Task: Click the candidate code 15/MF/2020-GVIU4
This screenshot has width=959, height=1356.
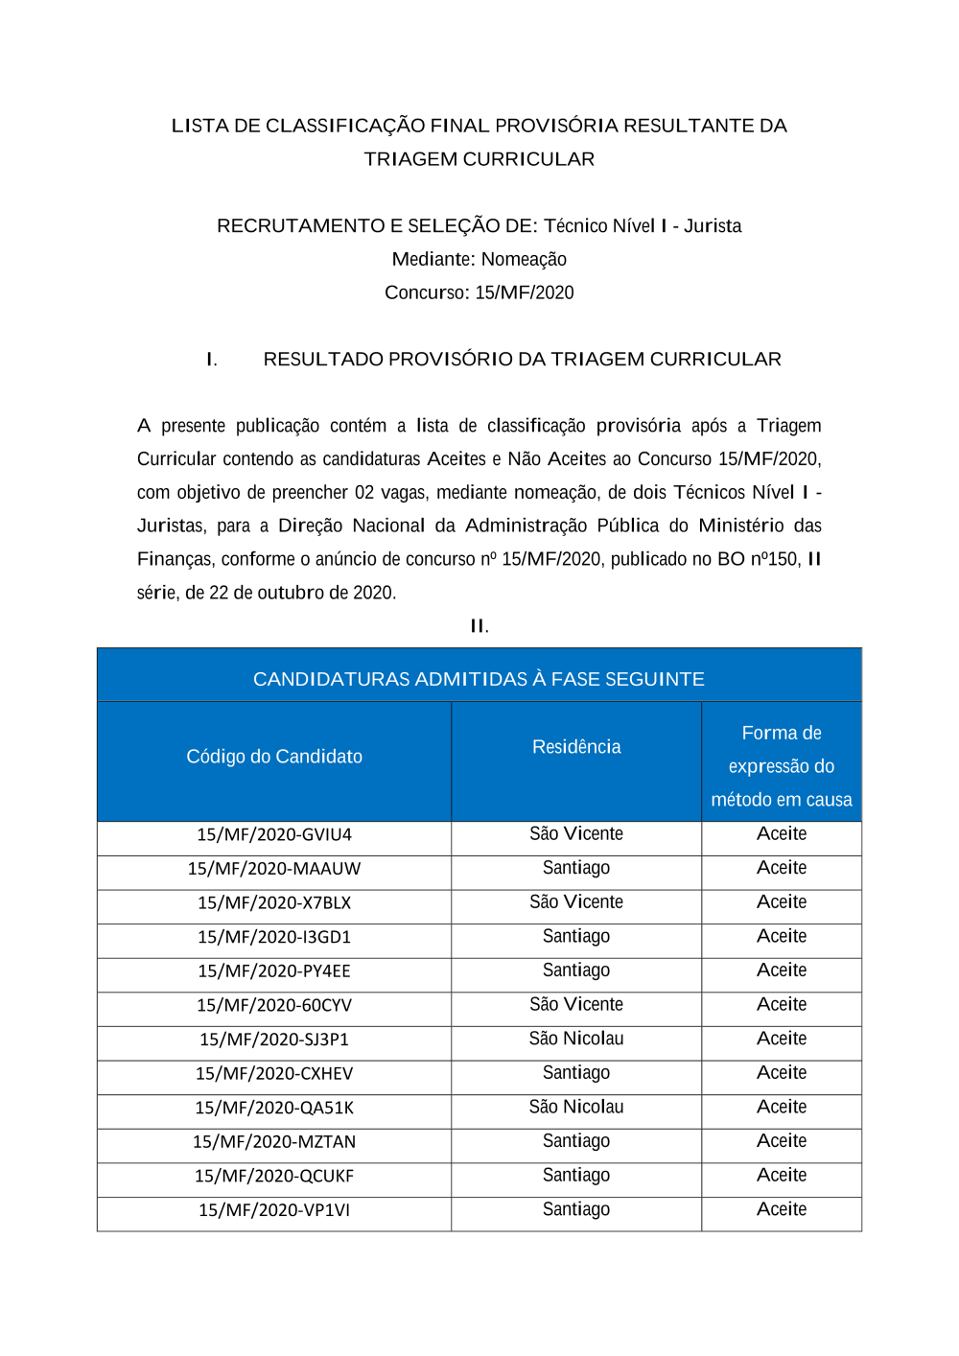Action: [x=274, y=834]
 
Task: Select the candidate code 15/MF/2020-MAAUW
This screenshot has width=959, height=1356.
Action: [x=274, y=869]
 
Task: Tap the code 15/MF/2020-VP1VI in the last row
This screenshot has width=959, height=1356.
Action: [x=274, y=1210]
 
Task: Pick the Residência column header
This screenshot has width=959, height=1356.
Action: [x=576, y=747]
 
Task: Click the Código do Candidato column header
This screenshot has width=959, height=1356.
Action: [x=274, y=757]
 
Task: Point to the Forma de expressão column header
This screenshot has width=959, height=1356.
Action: [x=782, y=766]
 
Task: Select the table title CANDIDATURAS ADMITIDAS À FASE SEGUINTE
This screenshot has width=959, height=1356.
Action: [x=479, y=679]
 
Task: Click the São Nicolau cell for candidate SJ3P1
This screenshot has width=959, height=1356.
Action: [x=576, y=1039]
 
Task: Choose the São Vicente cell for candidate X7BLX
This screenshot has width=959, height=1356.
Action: [x=576, y=902]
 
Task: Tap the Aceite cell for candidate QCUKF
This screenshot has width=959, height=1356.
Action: [x=782, y=1176]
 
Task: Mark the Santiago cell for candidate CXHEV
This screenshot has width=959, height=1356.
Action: [x=576, y=1073]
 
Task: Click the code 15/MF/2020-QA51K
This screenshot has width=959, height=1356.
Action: [x=274, y=1108]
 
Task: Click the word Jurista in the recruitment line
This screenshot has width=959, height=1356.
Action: [x=713, y=226]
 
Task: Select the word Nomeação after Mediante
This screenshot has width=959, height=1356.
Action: [x=524, y=260]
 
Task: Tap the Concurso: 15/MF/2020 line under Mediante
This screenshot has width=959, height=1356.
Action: [x=479, y=293]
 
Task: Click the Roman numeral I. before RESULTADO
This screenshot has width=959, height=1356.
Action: [x=212, y=360]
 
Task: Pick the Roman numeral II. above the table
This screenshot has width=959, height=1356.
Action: [x=479, y=626]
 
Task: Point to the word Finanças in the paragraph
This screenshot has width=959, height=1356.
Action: [x=175, y=559]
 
